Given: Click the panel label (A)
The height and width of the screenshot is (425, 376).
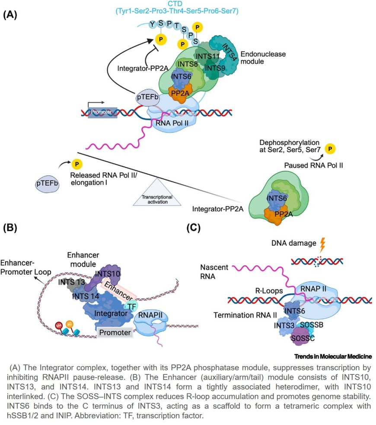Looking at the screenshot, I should pos(10,14).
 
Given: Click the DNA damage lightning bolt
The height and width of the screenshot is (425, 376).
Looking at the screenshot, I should pos(322,245).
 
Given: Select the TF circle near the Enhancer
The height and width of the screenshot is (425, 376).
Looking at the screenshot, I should pos(130,306).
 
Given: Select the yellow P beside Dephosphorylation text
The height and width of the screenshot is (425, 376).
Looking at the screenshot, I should pos(331,149).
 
